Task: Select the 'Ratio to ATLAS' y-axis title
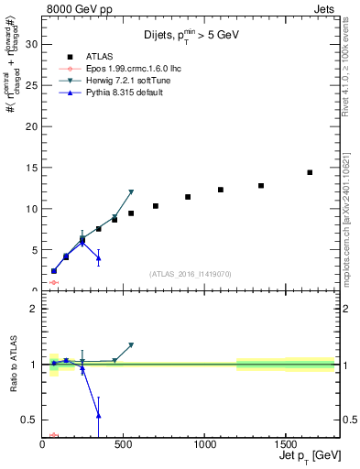[x=15, y=364]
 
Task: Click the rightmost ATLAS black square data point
[x=310, y=172]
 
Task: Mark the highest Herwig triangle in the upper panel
[x=131, y=192]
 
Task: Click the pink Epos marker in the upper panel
[x=54, y=283]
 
